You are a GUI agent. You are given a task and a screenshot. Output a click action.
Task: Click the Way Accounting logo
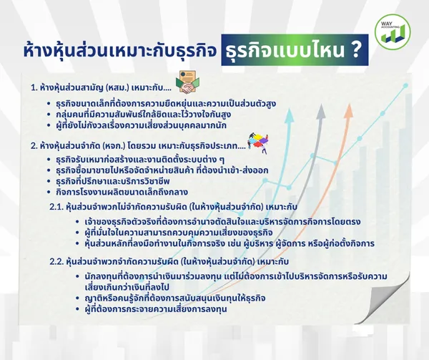pos(393,32)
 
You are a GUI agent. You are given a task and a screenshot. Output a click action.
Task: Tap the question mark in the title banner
pos(355,49)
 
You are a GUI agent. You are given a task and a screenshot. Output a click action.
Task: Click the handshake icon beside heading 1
pos(187,82)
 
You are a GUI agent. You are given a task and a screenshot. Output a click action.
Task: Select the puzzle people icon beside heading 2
pos(258,142)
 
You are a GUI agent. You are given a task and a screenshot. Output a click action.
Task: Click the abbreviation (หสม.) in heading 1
pos(117,88)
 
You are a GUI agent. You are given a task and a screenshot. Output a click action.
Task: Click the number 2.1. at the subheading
pos(56,207)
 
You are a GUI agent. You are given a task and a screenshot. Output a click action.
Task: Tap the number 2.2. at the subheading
pos(56,262)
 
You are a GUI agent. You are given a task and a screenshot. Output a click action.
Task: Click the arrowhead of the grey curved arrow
pos(320,112)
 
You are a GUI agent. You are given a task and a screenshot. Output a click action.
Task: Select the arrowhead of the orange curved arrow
pos(348,111)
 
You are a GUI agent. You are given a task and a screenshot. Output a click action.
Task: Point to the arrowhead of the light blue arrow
pos(289,115)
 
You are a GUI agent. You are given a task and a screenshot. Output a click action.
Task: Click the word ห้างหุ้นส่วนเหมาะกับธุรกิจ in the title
pos(120,51)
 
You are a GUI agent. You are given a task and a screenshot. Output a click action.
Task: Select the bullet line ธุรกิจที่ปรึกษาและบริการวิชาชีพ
pos(113,181)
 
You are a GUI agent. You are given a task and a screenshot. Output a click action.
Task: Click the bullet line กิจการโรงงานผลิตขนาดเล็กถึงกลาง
pos(122,192)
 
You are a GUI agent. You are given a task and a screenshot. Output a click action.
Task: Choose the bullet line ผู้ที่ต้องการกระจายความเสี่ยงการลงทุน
pos(156,309)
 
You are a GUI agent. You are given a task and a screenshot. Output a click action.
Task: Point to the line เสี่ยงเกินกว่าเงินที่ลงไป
pos(127,287)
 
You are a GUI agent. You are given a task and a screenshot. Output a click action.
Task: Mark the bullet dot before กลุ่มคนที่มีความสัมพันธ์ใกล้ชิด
pos(49,115)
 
